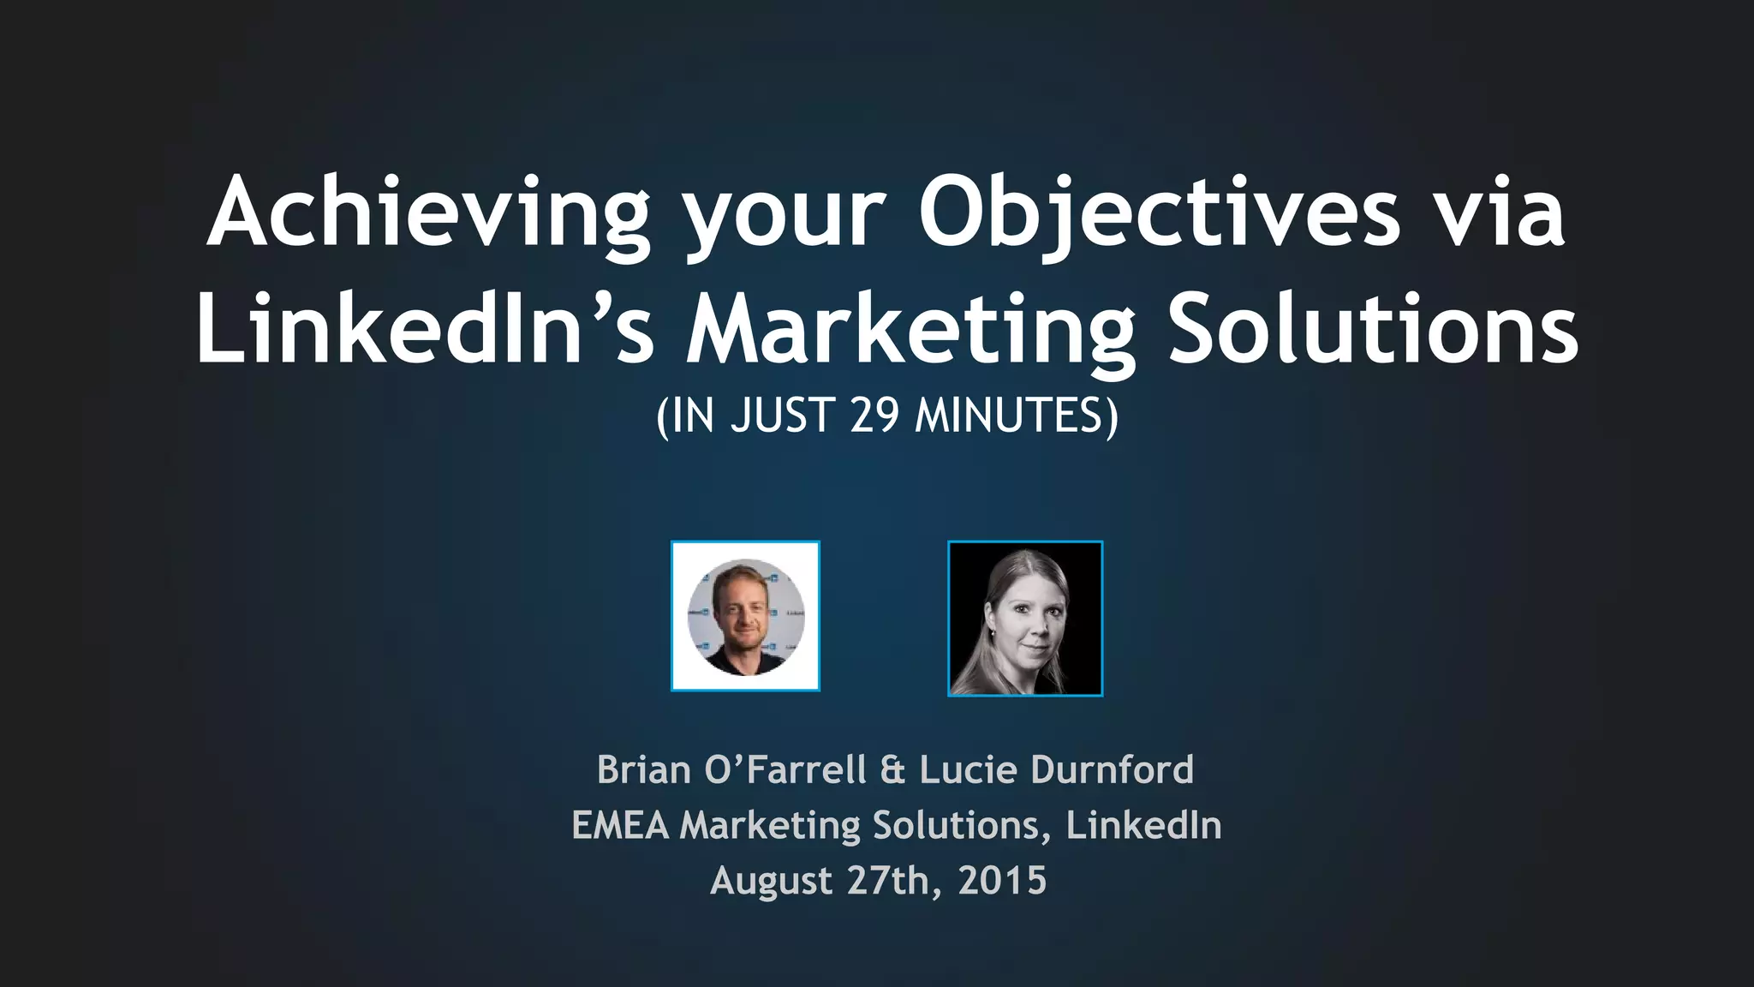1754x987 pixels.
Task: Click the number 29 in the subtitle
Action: pyautogui.click(x=874, y=416)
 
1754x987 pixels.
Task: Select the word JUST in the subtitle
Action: pyautogui.click(x=781, y=416)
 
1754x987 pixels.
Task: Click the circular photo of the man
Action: pyautogui.click(x=745, y=616)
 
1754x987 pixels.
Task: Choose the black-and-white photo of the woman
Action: pyautogui.click(x=1025, y=619)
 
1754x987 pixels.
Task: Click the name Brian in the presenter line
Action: pyautogui.click(x=644, y=769)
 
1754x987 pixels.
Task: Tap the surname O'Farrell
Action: pyautogui.click(x=785, y=769)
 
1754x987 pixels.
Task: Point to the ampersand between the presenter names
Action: pyautogui.click(x=892, y=769)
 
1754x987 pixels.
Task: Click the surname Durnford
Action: pyautogui.click(x=1113, y=769)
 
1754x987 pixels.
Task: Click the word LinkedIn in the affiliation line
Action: pyautogui.click(x=1144, y=825)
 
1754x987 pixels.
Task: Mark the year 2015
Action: pyautogui.click(x=1002, y=881)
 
